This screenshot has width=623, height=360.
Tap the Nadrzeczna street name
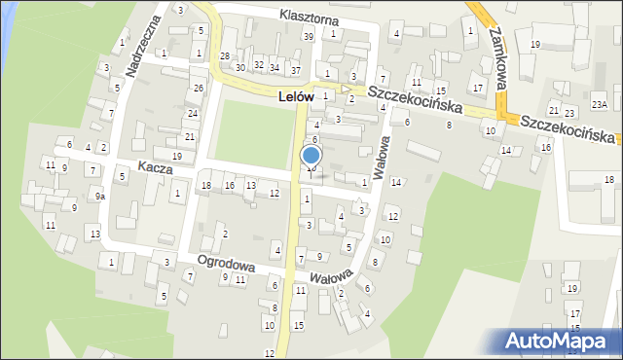click(x=142, y=47)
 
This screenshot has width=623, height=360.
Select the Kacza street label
click(x=155, y=167)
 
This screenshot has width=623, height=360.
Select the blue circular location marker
click(x=311, y=155)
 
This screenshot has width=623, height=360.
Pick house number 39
click(x=309, y=36)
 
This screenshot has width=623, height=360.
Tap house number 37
click(x=295, y=71)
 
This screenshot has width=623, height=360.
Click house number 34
click(x=275, y=67)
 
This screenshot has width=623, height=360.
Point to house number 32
click(x=258, y=64)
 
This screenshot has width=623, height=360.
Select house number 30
click(x=240, y=67)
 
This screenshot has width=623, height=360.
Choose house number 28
click(x=225, y=56)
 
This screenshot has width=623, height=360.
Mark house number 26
click(x=198, y=89)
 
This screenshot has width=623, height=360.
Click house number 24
click(x=191, y=113)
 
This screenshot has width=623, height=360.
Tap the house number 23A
click(x=600, y=104)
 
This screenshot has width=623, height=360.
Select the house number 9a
click(x=100, y=196)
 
